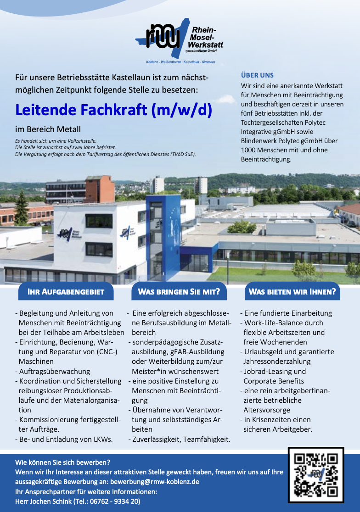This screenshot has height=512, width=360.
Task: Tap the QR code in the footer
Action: click(316, 474)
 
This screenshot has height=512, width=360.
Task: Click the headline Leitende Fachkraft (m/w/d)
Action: click(113, 110)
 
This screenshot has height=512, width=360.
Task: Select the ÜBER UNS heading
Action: click(257, 75)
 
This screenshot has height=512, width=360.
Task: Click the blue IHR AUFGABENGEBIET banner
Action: click(66, 291)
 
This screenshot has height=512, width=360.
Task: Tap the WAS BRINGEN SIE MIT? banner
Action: click(179, 291)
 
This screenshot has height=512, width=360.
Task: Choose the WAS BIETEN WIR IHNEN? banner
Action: click(292, 291)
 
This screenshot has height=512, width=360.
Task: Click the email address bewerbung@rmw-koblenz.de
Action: click(155, 482)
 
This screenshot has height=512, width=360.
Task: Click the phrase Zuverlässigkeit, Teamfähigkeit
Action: click(181, 439)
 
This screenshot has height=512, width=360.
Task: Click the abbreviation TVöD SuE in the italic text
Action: click(182, 154)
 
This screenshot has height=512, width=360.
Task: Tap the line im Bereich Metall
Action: click(48, 130)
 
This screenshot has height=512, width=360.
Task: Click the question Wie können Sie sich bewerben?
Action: click(62, 462)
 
